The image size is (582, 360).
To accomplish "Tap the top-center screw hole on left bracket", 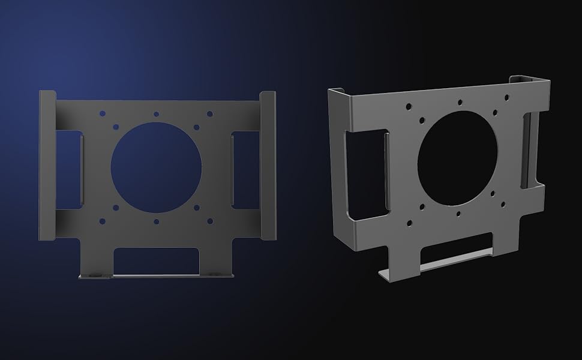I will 156,113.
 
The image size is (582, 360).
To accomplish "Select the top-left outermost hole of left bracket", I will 103,113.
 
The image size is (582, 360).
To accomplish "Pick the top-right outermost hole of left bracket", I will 209,113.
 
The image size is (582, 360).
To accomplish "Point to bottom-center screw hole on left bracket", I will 156,221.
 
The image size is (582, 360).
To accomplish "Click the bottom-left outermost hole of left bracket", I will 103,221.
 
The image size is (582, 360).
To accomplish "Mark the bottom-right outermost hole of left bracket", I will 209,221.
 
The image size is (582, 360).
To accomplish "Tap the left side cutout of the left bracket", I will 71,170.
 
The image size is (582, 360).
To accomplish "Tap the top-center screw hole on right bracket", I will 460,102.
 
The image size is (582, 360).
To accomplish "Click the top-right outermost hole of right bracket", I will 507,97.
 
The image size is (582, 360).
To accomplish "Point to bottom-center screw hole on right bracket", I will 458,214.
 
